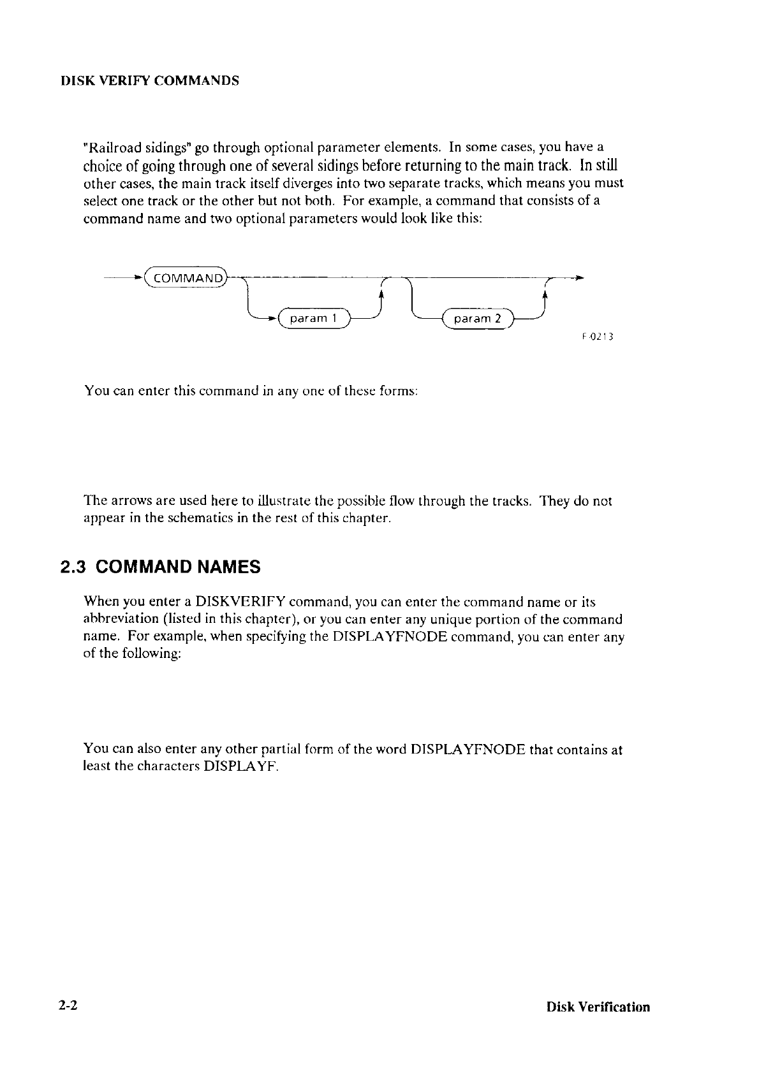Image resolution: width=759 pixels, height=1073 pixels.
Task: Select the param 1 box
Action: pyautogui.click(x=309, y=318)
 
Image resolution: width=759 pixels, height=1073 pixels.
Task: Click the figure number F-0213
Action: pyautogui.click(x=597, y=338)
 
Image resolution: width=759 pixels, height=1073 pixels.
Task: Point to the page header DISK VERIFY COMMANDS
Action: pyautogui.click(x=149, y=82)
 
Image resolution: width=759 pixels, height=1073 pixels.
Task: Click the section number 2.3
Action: pyautogui.click(x=72, y=567)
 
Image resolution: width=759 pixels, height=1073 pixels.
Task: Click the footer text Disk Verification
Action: pyautogui.click(x=598, y=1007)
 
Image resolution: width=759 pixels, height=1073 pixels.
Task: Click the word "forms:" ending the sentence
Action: pyautogui.click(x=399, y=390)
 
